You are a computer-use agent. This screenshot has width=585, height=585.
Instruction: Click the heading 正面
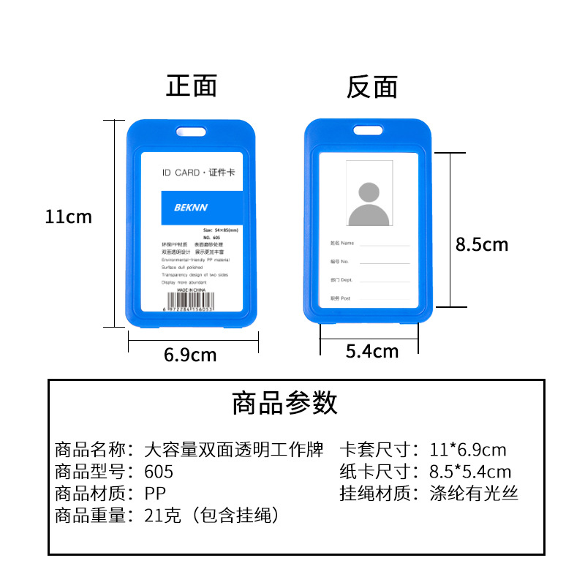(192, 86)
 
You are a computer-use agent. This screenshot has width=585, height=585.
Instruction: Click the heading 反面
(372, 87)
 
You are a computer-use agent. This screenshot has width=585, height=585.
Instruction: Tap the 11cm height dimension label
(68, 217)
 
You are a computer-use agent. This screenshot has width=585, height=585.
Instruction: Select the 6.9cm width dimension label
(190, 355)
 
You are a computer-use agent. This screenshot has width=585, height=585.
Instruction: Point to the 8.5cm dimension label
(481, 244)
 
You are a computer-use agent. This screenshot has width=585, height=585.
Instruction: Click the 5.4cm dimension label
(372, 352)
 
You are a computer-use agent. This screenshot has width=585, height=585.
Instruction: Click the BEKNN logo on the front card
(192, 207)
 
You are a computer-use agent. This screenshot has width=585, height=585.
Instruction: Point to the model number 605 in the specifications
(159, 472)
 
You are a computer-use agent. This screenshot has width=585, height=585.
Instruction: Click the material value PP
(155, 494)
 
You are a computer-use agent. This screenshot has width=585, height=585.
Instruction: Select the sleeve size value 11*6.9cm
(468, 450)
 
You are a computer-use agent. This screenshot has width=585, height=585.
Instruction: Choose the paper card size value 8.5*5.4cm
(470, 472)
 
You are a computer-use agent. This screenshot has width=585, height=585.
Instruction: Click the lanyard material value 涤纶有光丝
(474, 494)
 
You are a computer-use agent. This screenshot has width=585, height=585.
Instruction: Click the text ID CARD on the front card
(181, 173)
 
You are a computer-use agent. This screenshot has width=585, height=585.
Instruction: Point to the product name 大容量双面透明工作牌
(234, 450)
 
